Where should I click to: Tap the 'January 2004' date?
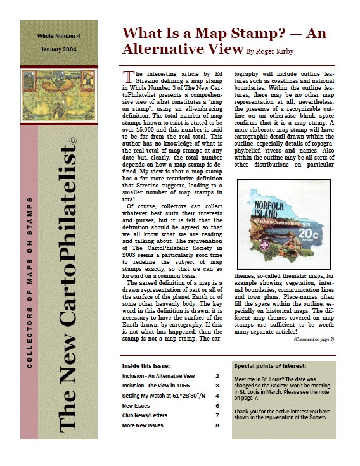coord(58,49)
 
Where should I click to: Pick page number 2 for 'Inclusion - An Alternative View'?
coord(217,376)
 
